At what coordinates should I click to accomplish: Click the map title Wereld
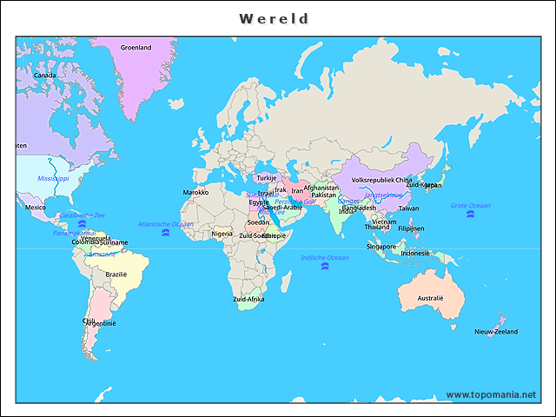274,18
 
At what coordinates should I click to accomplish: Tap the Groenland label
136,48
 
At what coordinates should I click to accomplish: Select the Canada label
44,76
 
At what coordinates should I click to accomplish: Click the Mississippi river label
53,178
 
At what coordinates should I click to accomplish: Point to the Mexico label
36,208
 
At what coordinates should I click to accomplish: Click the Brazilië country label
116,274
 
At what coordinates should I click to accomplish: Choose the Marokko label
195,192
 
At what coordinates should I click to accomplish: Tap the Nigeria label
222,233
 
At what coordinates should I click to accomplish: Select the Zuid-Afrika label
248,299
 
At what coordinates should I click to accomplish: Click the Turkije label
266,178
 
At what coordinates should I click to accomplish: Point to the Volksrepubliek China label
382,181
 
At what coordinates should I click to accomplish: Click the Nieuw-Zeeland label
496,332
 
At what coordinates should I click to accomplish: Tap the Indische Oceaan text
325,257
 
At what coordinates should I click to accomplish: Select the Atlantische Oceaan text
166,224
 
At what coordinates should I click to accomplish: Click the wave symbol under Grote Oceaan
470,214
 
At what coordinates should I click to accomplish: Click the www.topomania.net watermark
491,394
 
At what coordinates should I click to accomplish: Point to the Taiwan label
408,208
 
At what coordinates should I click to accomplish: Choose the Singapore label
381,246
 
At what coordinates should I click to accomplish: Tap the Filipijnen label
411,228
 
